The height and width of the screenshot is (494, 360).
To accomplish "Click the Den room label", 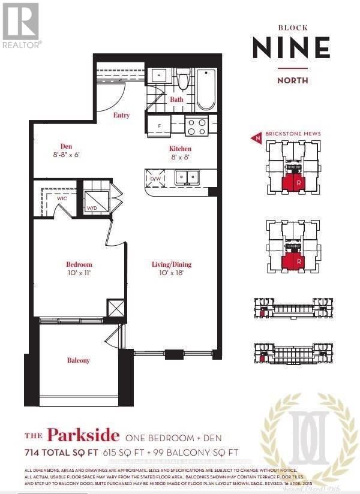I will click(66, 145).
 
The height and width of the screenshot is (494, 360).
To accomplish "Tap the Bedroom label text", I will click(79, 264).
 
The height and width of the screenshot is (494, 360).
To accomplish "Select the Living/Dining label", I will click(171, 264).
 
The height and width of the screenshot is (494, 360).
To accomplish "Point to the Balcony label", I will click(78, 360).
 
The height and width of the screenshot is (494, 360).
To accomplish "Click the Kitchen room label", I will click(180, 148).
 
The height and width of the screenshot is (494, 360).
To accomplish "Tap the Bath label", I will click(176, 100).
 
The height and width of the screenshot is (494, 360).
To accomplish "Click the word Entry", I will click(122, 115).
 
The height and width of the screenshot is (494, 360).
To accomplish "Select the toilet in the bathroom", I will click(183, 81).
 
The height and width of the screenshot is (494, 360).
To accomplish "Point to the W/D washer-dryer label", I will click(92, 208).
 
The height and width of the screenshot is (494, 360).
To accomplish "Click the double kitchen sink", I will click(188, 177).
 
